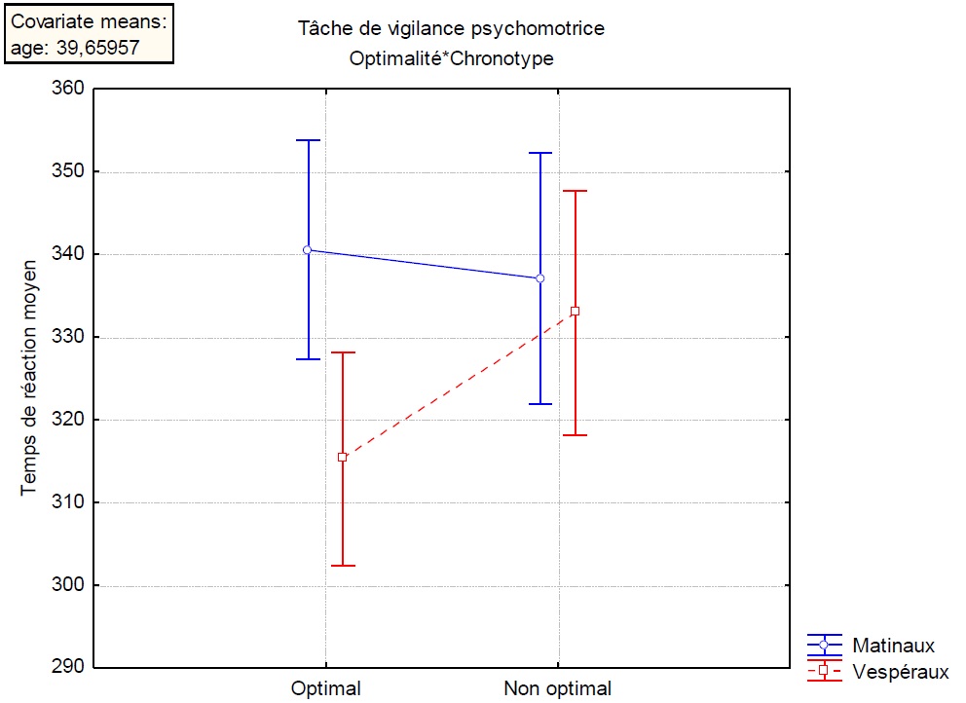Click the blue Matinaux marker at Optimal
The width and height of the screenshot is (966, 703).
point(308,250)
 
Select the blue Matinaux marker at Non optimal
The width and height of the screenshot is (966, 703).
point(540,278)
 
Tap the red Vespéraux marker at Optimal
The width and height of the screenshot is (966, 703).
point(342,457)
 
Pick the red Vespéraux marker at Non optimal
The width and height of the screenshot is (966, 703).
point(575,312)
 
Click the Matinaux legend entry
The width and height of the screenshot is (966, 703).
point(893,646)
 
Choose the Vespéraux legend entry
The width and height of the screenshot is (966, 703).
point(900,671)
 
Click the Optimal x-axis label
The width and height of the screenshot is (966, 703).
point(325,689)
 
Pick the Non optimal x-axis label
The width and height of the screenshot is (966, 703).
point(557,689)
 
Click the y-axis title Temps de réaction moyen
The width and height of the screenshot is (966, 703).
point(30,377)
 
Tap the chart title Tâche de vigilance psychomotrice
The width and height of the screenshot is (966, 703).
point(451,29)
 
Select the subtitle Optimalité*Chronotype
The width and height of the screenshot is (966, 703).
point(451,58)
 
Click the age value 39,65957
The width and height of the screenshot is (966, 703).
point(104,48)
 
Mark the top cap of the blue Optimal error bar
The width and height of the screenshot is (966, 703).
point(308,140)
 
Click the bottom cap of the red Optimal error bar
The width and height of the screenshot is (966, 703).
point(342,566)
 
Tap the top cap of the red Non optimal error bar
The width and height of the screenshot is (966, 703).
point(575,191)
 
